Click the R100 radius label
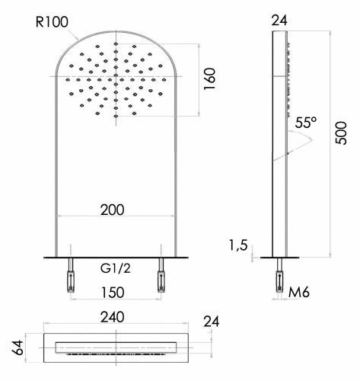point(53,22)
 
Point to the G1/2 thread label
point(116,268)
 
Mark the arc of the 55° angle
point(304,140)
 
